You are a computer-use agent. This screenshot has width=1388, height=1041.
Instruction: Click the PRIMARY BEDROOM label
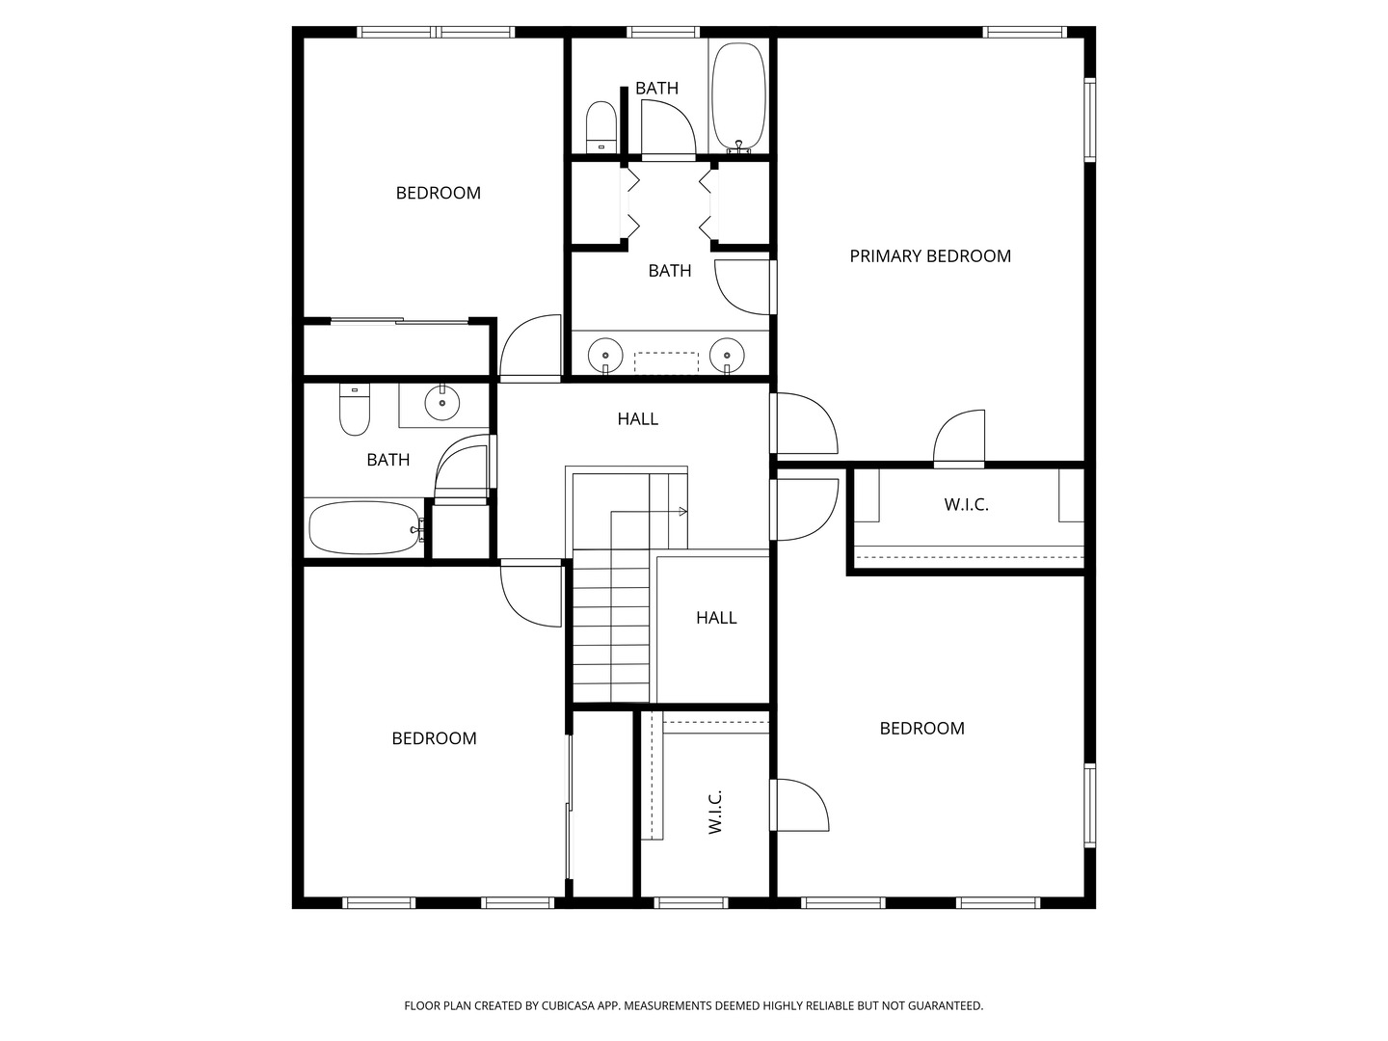click(929, 256)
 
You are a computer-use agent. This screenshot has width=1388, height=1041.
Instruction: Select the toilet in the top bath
click(601, 127)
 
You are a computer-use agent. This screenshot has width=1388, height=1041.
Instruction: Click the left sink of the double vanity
click(605, 357)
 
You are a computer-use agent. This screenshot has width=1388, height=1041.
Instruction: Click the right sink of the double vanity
click(727, 357)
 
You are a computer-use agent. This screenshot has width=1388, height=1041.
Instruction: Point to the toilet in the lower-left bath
click(354, 410)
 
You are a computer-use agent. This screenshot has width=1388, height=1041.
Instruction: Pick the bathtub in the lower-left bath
click(365, 528)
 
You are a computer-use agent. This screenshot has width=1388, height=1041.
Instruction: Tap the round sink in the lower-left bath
click(442, 403)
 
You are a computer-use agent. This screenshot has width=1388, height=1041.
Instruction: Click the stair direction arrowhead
click(683, 511)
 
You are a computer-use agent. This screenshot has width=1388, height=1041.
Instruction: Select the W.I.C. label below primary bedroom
click(966, 504)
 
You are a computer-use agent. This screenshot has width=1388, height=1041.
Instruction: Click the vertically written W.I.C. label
click(715, 813)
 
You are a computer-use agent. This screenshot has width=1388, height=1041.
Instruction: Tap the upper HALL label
click(637, 418)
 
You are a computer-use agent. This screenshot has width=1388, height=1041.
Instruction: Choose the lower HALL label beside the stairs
click(716, 618)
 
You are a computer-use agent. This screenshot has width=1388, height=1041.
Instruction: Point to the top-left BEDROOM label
click(439, 193)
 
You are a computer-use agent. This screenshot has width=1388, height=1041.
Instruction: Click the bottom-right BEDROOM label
click(922, 728)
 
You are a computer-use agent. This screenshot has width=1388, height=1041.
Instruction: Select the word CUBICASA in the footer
click(569, 1005)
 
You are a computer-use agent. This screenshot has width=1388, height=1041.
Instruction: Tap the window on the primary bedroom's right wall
click(1090, 120)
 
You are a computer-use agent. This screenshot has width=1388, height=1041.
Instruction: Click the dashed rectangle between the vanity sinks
click(666, 362)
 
